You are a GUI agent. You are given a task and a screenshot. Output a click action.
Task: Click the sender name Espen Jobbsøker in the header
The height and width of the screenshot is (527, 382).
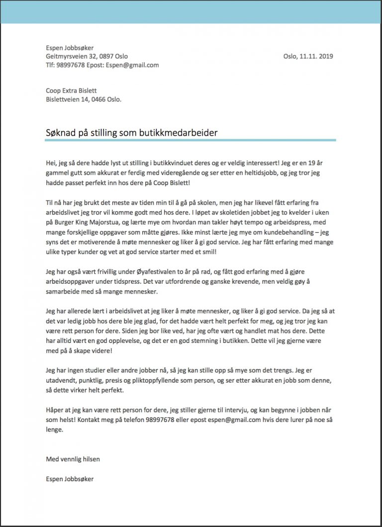pyautogui.click(x=69, y=48)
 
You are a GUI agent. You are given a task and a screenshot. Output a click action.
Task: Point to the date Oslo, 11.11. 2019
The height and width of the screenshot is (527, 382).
pyautogui.click(x=307, y=56)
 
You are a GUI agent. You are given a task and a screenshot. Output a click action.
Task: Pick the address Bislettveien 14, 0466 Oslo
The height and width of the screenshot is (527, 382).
pyautogui.click(x=83, y=99)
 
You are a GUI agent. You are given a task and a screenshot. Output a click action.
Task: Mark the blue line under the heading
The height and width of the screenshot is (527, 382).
pyautogui.click(x=191, y=140)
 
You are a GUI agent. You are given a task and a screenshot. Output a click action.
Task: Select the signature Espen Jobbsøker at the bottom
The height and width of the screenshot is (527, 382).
pyautogui.click(x=69, y=479)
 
